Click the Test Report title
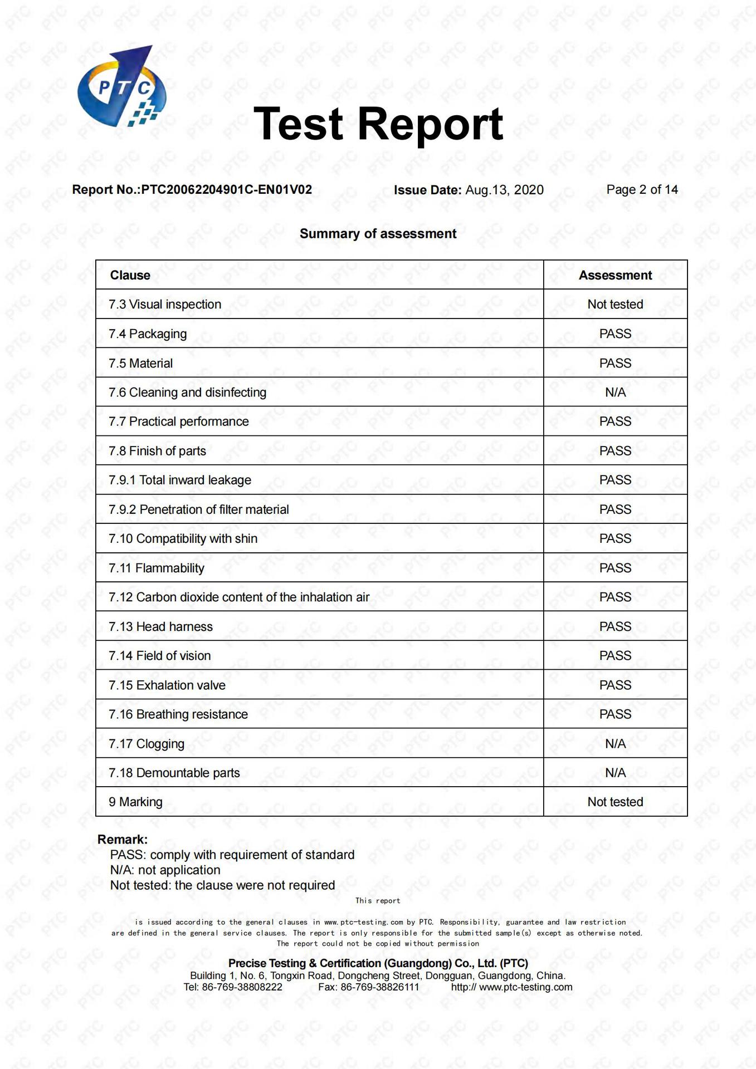click(x=378, y=124)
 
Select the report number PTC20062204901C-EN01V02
click(x=226, y=190)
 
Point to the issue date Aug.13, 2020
click(x=504, y=190)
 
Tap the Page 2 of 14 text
click(x=642, y=190)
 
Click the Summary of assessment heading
click(x=378, y=234)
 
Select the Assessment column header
click(x=615, y=275)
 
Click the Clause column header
click(x=130, y=275)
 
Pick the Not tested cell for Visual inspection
click(x=615, y=305)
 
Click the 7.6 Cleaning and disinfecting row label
click(x=187, y=393)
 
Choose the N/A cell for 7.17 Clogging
click(x=615, y=744)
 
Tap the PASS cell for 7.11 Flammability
click(x=615, y=568)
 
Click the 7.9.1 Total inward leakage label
click(x=180, y=480)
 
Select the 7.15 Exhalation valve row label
click(x=167, y=685)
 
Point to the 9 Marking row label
click(x=135, y=802)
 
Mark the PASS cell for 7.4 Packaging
click(x=615, y=334)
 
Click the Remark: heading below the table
click(x=123, y=840)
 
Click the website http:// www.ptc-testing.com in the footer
click(x=511, y=987)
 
